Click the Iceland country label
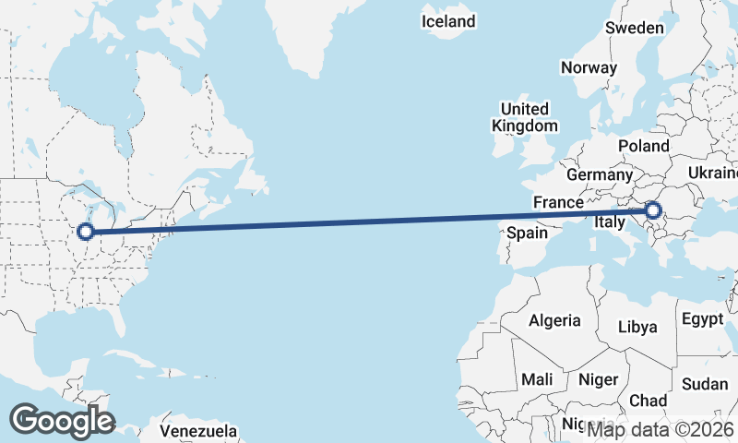(448, 21)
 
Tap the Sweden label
(634, 28)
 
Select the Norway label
(589, 67)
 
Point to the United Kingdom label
(525, 117)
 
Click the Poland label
(644, 146)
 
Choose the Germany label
(600, 174)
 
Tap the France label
(558, 202)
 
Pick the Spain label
(527, 233)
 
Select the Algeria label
(554, 320)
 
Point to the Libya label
(637, 327)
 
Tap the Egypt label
(703, 319)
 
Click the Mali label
(537, 379)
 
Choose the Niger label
(598, 379)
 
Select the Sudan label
(705, 384)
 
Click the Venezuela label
(198, 431)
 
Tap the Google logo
(62, 421)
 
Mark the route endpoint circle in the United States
(86, 232)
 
